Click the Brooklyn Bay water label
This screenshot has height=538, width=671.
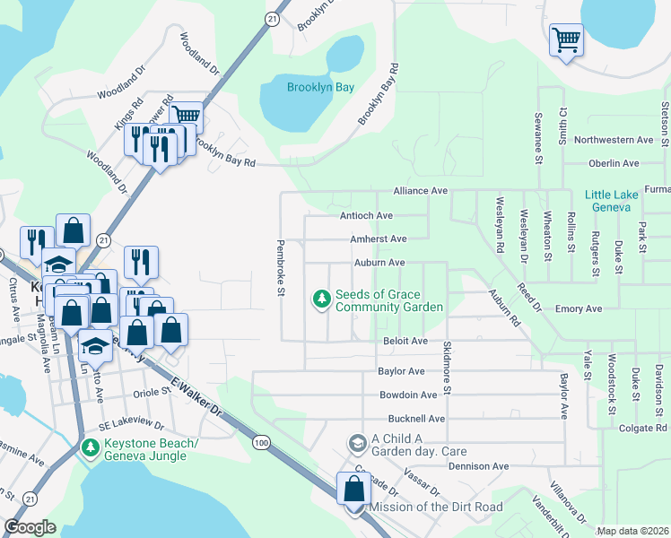pyautogui.click(x=320, y=88)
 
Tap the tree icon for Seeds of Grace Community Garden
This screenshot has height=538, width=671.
pyautogui.click(x=320, y=299)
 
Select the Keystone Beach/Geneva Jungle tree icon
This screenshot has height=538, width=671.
pyautogui.click(x=89, y=447)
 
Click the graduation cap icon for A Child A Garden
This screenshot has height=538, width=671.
pyautogui.click(x=356, y=443)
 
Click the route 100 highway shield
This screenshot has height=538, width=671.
pyautogui.click(x=261, y=443)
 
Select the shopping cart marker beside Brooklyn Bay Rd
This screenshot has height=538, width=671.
pyautogui.click(x=186, y=117)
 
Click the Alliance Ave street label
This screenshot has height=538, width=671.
pyautogui.click(x=420, y=192)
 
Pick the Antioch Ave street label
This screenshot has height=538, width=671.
pyautogui.click(x=366, y=216)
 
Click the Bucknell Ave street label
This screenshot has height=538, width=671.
pyautogui.click(x=416, y=419)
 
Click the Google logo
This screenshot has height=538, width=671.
pyautogui.click(x=30, y=527)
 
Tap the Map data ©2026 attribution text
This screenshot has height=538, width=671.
pyautogui.click(x=632, y=531)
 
